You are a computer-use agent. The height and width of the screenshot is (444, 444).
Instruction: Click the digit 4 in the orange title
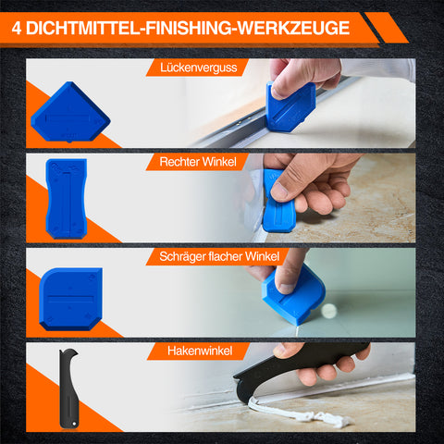tap(17, 29)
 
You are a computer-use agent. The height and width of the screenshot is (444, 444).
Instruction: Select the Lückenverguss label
tap(198, 68)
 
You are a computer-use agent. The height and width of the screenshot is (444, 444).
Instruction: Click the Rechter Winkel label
tap(198, 162)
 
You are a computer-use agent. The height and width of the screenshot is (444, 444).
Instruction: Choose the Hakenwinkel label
tap(200, 351)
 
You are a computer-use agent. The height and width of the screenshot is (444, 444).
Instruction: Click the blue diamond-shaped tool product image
tap(70, 112)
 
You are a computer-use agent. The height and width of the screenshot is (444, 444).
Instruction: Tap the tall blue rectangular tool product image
tap(67, 198)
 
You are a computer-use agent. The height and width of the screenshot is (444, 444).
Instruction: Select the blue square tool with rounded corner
tap(70, 300)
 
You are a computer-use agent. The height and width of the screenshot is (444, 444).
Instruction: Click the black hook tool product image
tap(68, 388)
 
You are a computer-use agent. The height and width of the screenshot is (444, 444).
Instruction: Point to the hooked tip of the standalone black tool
tap(75, 351)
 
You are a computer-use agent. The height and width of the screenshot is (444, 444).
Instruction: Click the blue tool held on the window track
tap(290, 106)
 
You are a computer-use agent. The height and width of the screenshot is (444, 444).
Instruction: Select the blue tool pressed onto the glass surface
tap(293, 296)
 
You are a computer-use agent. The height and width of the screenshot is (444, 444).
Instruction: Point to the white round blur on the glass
tap(328, 311)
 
